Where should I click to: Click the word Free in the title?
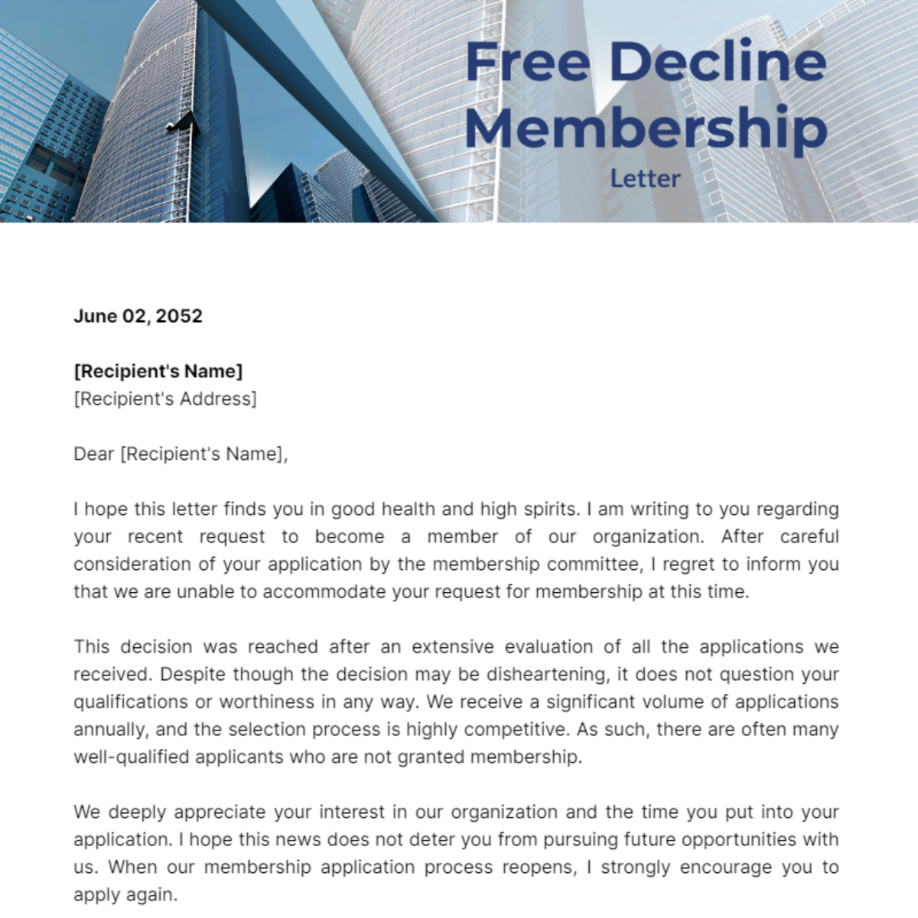coord(527,62)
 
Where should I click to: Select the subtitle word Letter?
coord(645,179)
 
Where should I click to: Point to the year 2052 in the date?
coord(181,316)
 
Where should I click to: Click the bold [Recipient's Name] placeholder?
coord(158,371)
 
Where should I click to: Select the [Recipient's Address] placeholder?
coord(165,399)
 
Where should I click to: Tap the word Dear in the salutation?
coord(93,454)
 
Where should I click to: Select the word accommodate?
coord(324,591)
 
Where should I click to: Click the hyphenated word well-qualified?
coord(131,757)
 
